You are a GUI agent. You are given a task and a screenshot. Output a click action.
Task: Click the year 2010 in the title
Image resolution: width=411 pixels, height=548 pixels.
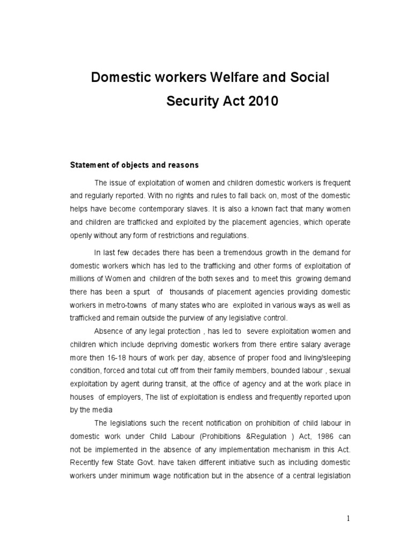260,101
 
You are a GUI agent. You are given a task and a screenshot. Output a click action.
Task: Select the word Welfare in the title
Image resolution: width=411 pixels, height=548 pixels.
229,78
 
